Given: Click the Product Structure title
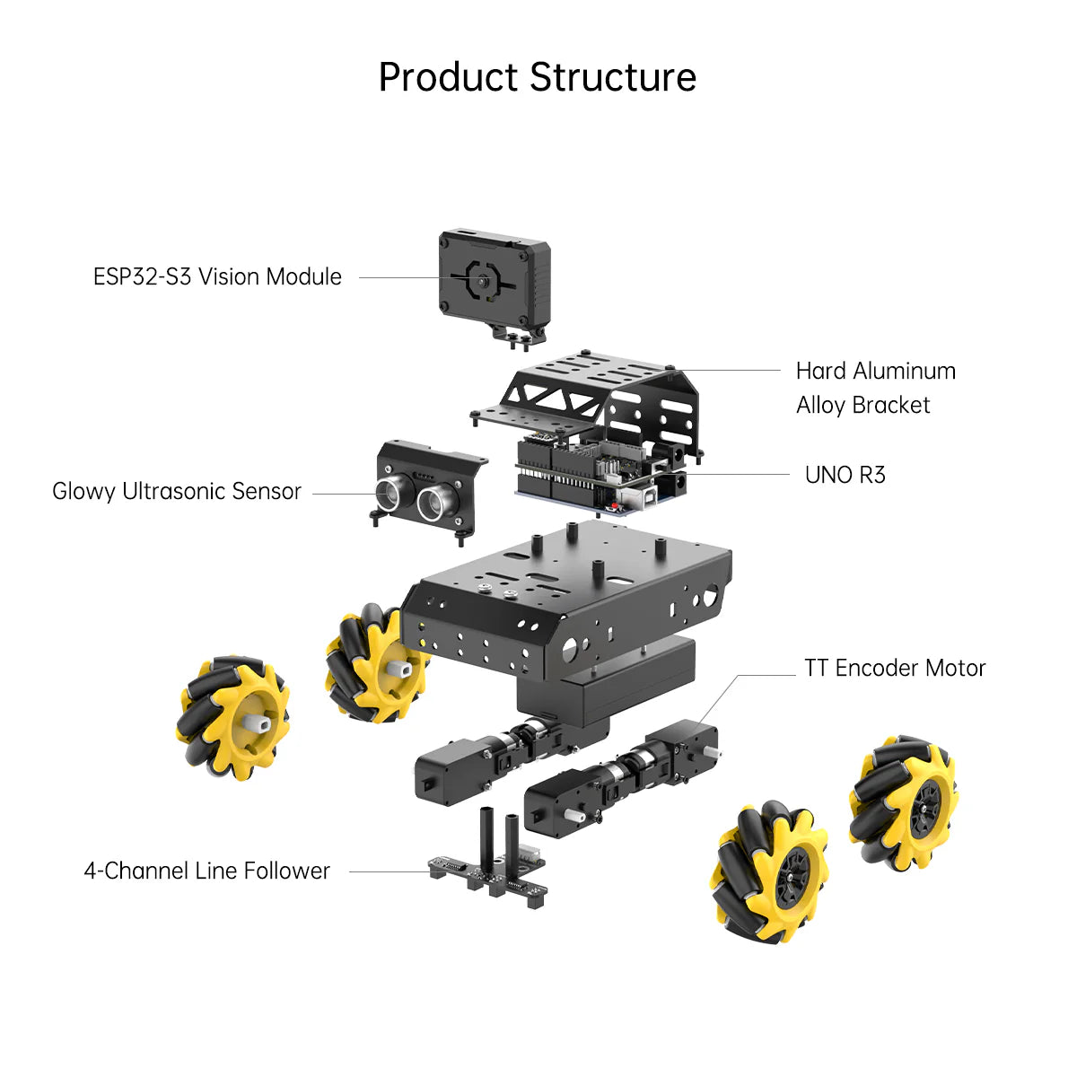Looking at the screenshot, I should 537,77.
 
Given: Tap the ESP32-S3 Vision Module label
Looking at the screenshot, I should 217,276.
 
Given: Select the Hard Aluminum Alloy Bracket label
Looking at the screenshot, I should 875,388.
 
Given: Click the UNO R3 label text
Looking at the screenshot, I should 845,475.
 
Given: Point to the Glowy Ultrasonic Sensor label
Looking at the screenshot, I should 177,492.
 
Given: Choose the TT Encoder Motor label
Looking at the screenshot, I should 895,668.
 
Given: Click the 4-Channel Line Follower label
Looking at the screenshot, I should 206,871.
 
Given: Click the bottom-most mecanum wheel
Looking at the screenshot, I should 772,875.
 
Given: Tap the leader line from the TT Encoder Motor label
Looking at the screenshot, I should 763,676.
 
